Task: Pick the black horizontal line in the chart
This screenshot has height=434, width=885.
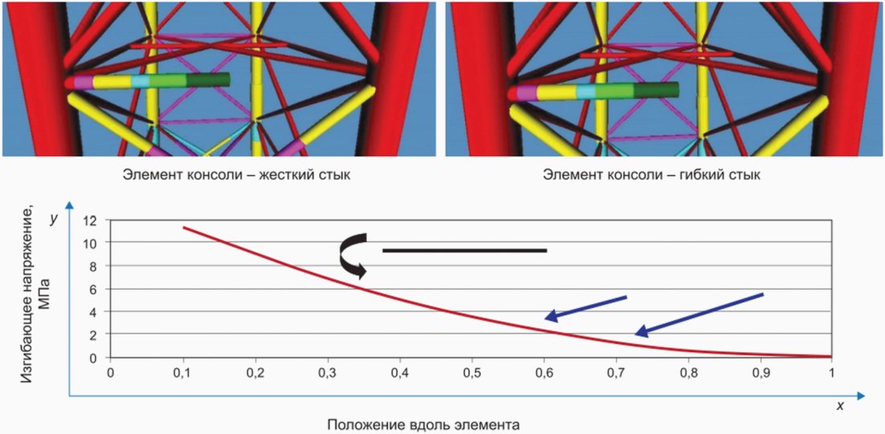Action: click(x=464, y=250)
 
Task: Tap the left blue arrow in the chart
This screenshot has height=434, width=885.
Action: click(x=585, y=307)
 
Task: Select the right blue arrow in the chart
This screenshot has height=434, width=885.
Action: click(x=699, y=314)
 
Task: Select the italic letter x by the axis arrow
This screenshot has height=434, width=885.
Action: click(x=841, y=407)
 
